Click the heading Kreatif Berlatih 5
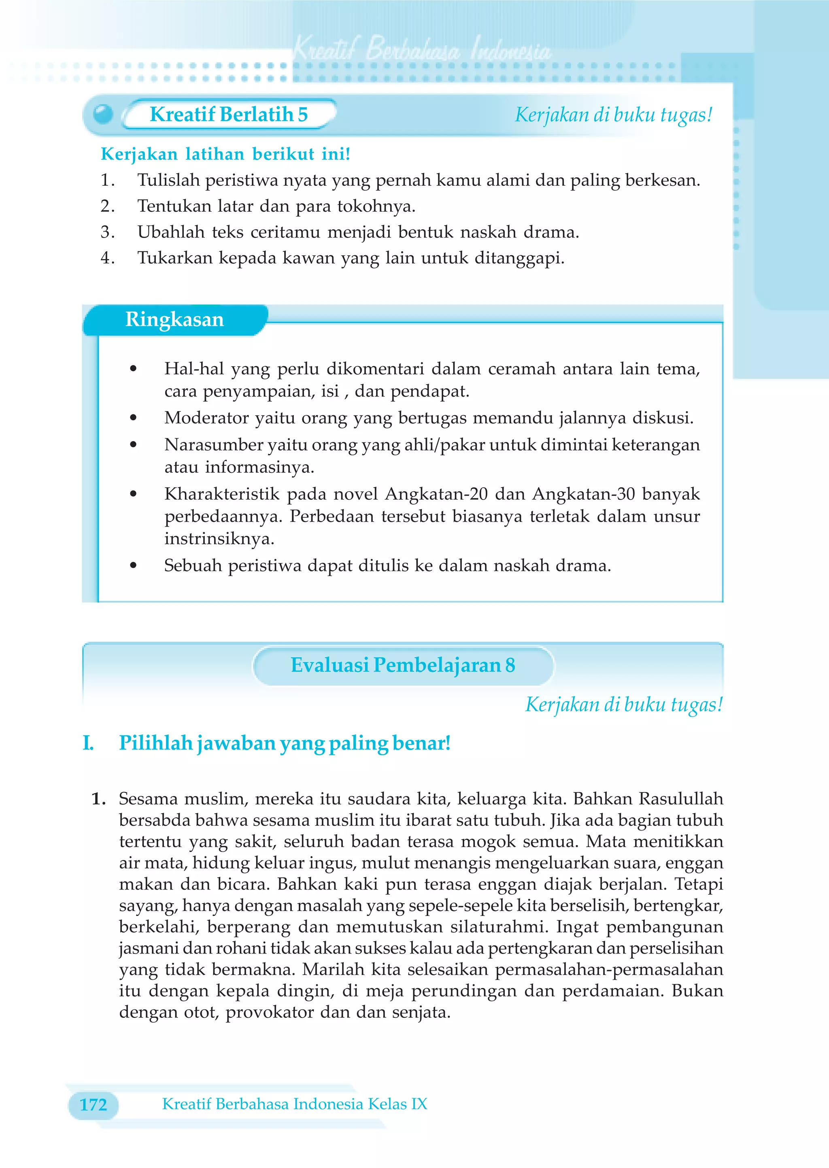coord(228,114)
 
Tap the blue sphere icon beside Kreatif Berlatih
coord(103,114)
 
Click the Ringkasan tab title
coord(174,319)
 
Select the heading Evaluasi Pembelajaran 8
coord(403,665)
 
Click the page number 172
coord(94,1105)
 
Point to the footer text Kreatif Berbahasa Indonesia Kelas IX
coord(295,1104)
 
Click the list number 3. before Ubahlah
coord(107,232)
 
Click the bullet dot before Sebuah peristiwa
coord(133,565)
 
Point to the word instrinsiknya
coord(219,539)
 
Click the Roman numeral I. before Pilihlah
coord(88,743)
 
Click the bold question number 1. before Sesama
coord(98,798)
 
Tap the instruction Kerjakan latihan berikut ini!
coord(225,154)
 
